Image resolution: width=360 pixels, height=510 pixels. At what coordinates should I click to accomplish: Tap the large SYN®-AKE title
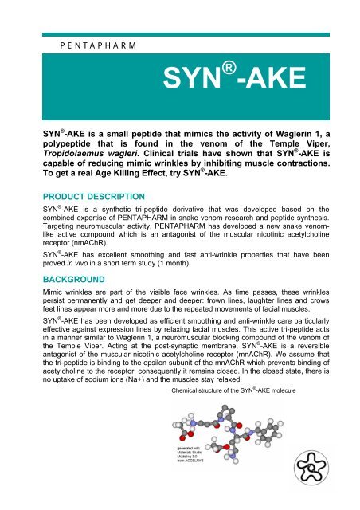224,78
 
